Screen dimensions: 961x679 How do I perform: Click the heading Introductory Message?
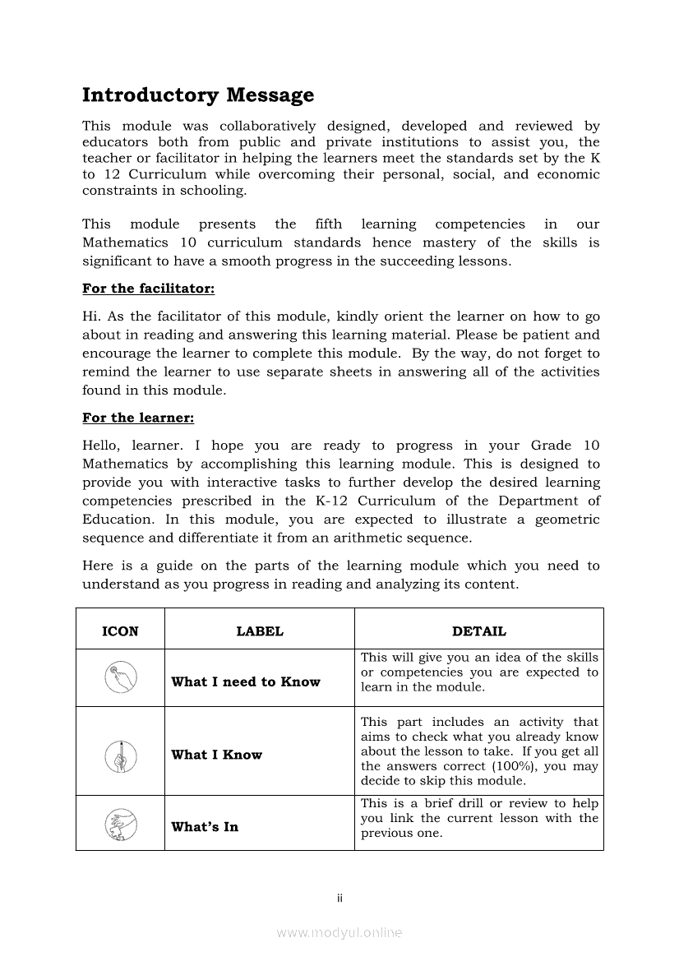click(x=198, y=95)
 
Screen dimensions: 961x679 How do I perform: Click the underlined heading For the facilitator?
click(x=149, y=289)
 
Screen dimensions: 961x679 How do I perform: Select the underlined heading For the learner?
click(x=138, y=418)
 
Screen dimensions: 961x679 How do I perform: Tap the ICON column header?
click(x=120, y=631)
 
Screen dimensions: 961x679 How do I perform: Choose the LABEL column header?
click(x=260, y=631)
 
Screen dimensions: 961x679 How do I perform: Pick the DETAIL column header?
click(x=479, y=631)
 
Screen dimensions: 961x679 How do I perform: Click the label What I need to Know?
click(x=246, y=681)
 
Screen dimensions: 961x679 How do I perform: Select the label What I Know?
click(x=217, y=755)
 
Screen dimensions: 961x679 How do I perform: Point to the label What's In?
click(x=205, y=827)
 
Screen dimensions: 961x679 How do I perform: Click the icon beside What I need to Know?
click(x=120, y=678)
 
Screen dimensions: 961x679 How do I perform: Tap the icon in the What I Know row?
click(x=120, y=755)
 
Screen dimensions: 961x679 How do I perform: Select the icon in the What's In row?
click(x=120, y=823)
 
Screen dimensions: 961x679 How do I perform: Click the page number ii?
click(x=339, y=898)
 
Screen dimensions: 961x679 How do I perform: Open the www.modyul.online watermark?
click(x=339, y=932)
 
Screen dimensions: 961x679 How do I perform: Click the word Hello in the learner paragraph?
click(x=101, y=446)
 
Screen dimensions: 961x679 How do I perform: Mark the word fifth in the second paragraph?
click(x=329, y=224)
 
